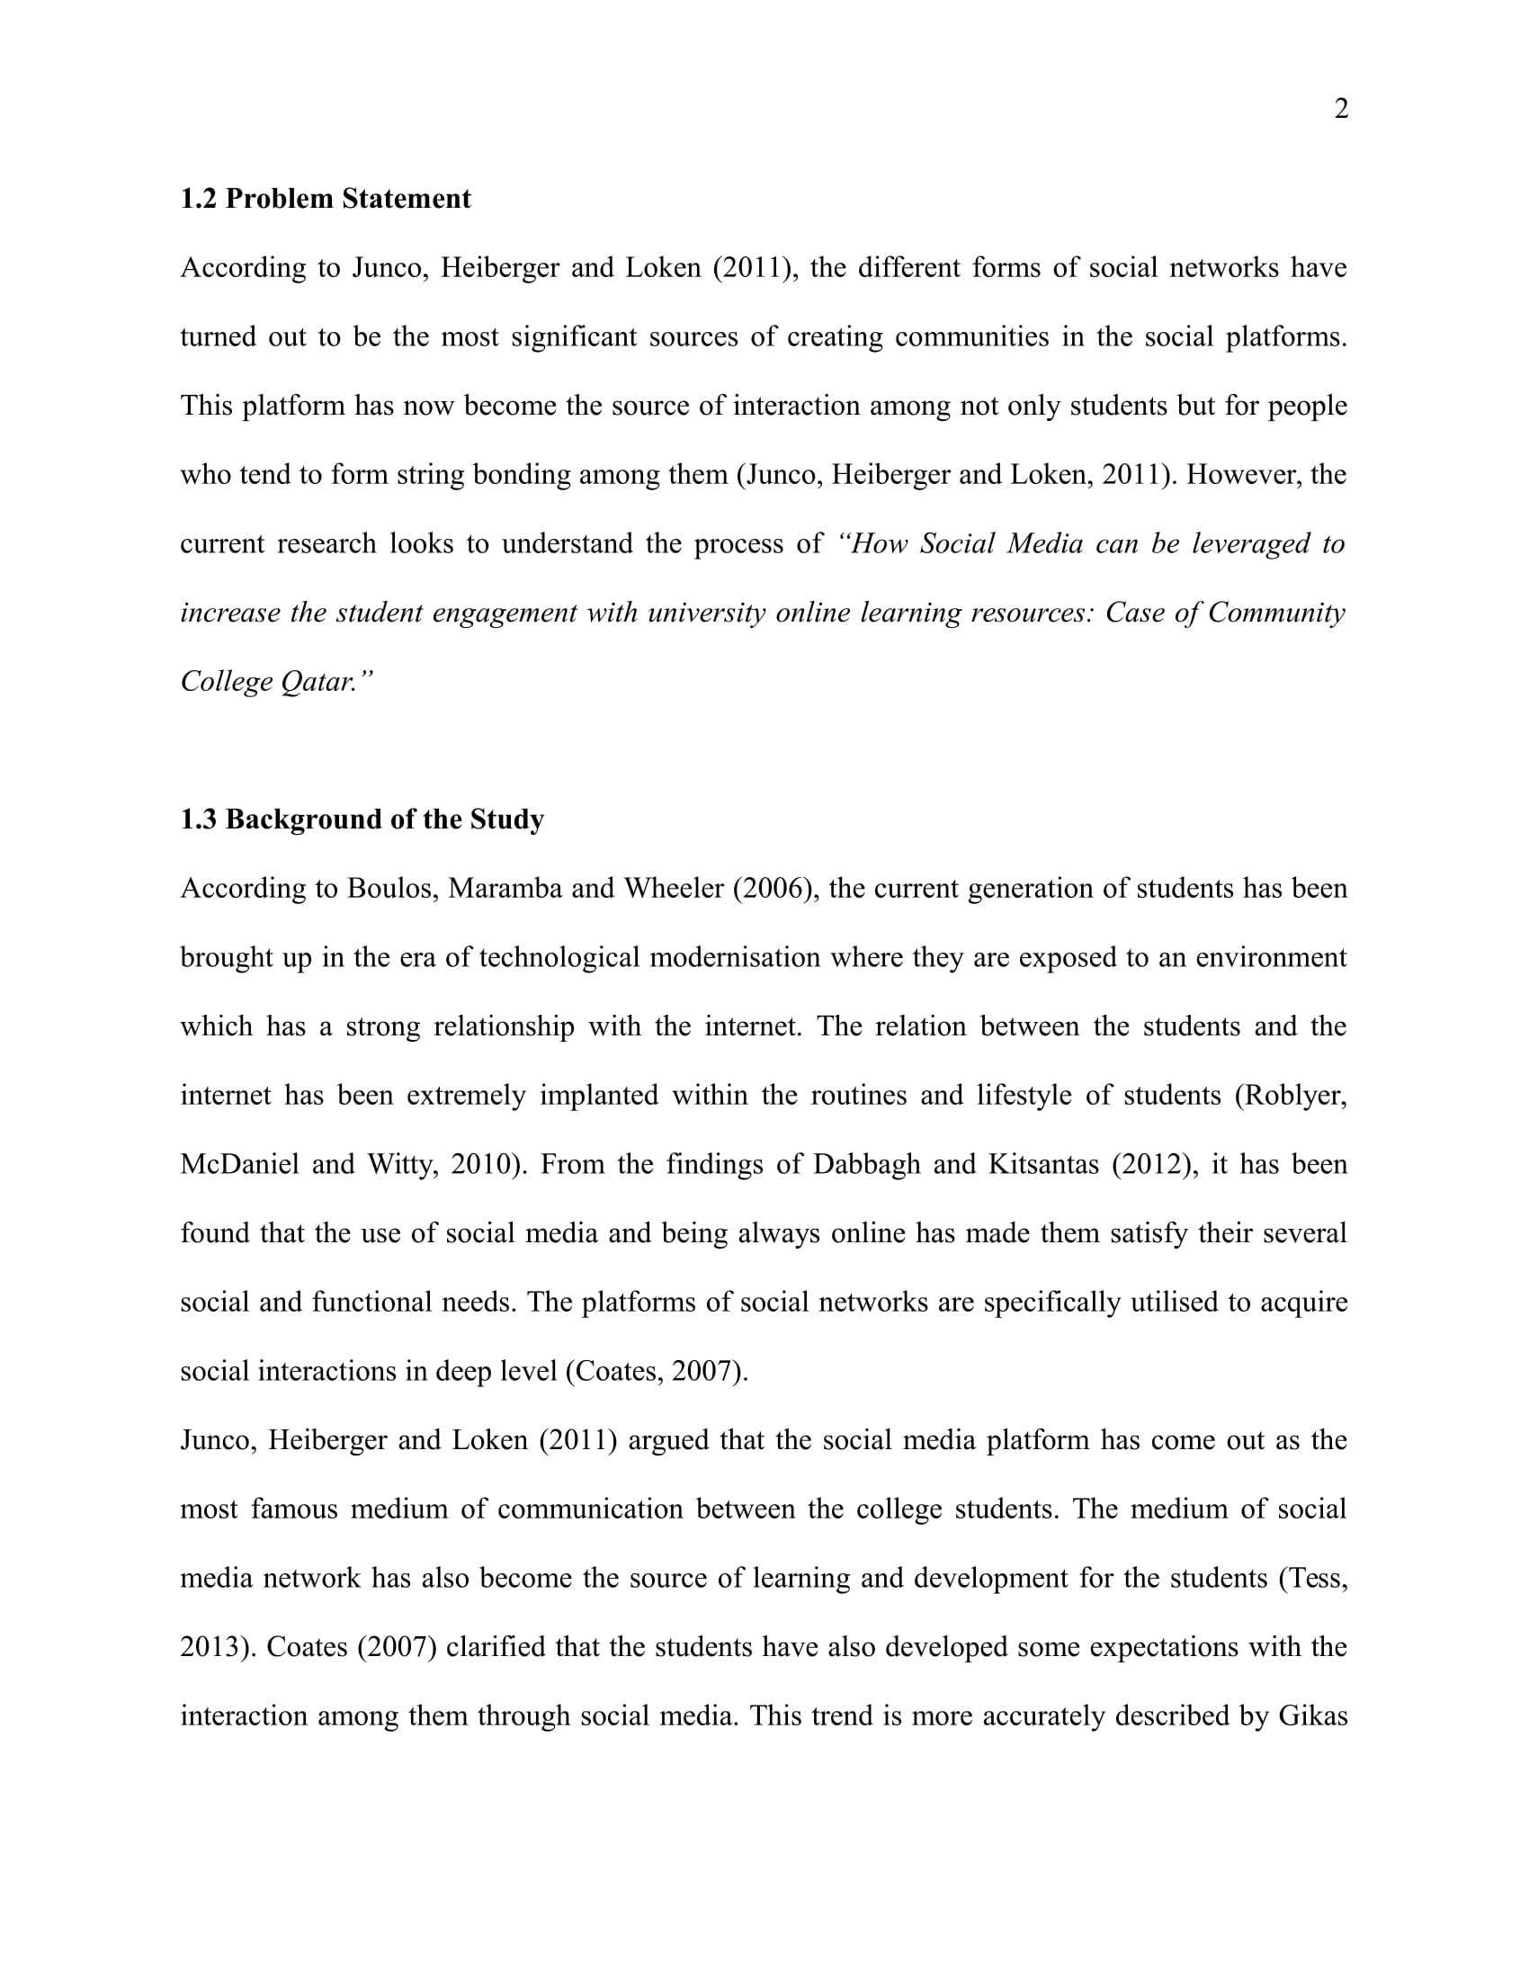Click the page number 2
[1342, 109]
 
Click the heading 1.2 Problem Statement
[326, 199]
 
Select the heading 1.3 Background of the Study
[362, 819]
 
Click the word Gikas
[1312, 1716]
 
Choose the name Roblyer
[1295, 1096]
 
